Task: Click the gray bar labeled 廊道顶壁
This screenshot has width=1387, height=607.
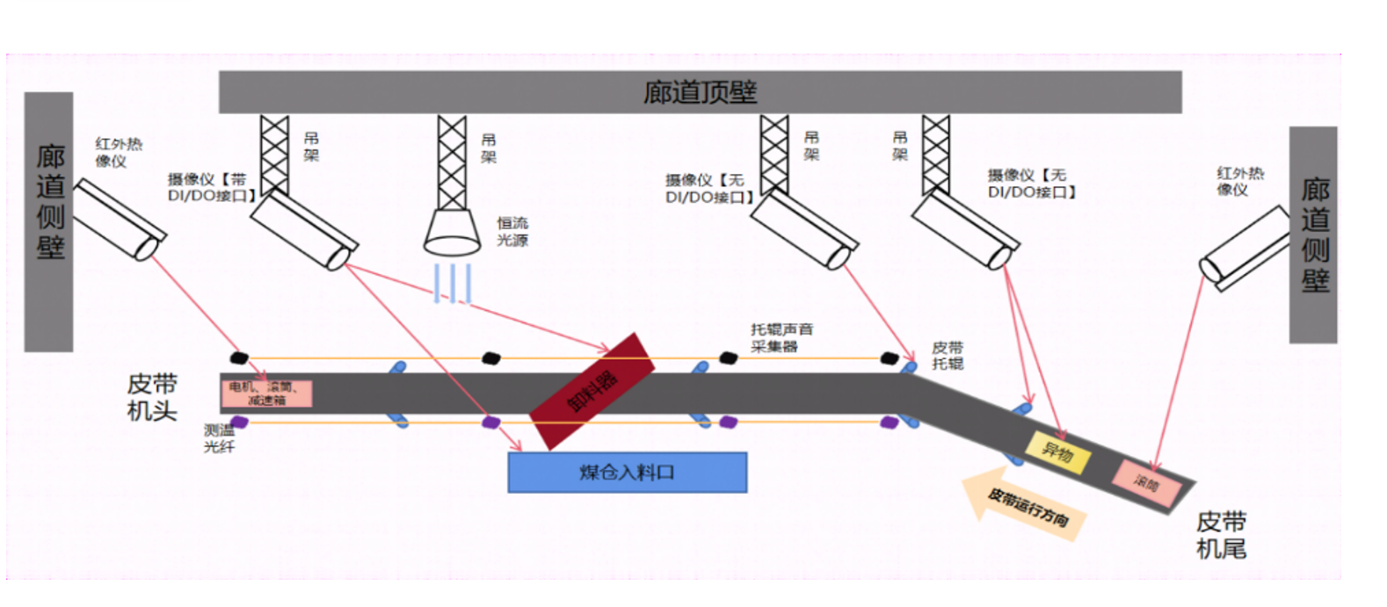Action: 700,92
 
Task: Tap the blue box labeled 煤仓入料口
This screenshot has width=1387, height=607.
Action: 628,473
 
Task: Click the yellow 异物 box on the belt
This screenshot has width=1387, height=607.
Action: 1057,453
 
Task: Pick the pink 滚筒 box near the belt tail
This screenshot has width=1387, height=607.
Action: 1145,482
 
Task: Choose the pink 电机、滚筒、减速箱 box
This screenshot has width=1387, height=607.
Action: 266,394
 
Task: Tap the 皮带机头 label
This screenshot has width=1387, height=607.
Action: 152,397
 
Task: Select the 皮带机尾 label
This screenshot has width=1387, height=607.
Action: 1221,535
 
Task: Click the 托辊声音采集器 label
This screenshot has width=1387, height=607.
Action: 781,337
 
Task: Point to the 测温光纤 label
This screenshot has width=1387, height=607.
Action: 219,438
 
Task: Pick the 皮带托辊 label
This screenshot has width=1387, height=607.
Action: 948,356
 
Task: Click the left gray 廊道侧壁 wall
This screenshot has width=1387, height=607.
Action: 49,221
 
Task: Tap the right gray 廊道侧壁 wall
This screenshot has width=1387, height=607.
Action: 1313,235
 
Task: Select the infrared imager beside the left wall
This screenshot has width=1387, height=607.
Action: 119,220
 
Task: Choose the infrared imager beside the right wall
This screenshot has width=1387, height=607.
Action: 1244,248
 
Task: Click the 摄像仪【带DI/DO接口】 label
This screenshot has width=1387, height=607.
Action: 211,187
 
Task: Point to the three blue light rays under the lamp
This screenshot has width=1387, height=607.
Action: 452,284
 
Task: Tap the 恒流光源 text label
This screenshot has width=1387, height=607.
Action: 512,231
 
